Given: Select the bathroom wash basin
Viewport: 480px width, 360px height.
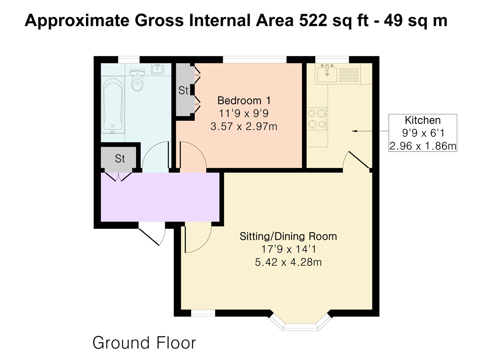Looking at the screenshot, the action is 157,69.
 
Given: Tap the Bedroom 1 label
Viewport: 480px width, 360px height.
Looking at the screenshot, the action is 244,100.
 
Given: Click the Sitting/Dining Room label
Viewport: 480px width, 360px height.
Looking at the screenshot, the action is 288,236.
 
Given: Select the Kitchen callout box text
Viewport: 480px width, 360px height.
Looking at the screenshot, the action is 423,133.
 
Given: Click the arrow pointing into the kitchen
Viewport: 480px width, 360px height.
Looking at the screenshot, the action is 370,131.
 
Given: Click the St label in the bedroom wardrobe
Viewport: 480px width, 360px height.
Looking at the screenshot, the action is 183,90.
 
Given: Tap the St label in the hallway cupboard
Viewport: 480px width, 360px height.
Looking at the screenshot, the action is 120,159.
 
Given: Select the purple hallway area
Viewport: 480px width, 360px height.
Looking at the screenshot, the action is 160,197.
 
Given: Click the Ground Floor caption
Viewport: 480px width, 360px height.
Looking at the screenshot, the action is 144,343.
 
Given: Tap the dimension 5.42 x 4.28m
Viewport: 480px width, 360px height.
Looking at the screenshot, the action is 288,262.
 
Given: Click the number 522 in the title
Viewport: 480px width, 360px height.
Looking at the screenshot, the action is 313,21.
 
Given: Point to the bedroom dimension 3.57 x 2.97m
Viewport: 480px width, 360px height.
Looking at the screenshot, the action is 244,126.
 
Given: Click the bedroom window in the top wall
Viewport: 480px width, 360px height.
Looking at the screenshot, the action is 254,60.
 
